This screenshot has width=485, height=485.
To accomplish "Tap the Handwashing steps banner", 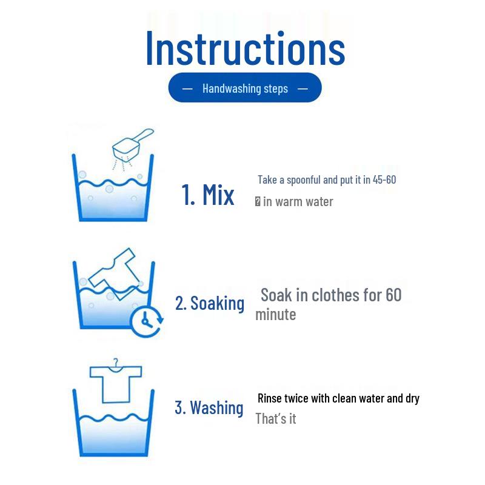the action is [245, 87].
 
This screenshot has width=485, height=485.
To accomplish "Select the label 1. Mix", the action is [207, 195].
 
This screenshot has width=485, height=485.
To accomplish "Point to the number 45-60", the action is [384, 179].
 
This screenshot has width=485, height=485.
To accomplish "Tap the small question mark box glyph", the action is [258, 202].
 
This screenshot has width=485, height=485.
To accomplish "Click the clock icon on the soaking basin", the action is [146, 322].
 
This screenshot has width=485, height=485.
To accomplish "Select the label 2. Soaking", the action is [209, 303].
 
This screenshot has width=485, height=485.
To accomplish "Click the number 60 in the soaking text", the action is [393, 295].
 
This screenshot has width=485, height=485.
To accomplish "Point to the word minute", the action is [276, 315].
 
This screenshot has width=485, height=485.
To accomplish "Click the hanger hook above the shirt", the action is [116, 363].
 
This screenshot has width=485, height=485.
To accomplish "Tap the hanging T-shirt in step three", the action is [116, 384].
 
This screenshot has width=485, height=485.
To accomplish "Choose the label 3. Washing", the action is [209, 407].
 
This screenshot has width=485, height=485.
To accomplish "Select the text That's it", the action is [276, 419].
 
